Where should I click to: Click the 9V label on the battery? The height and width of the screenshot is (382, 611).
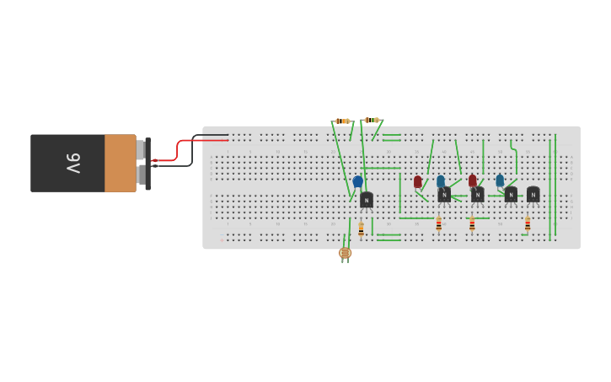pos(72,163)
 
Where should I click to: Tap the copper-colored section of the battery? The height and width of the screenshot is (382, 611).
pos(121,163)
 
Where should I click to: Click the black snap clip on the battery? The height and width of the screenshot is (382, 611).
pos(147,164)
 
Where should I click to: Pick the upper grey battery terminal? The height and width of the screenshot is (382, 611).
pos(141,150)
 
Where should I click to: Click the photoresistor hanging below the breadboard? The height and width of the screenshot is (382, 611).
pos(345,253)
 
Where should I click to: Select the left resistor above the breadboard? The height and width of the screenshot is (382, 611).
pos(341,121)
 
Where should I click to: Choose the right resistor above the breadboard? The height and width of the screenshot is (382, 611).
pos(371,120)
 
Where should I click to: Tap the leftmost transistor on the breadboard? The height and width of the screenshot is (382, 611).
pos(367,200)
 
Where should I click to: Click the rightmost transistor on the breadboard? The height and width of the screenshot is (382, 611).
pos(533,195)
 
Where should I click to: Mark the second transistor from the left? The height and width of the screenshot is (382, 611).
pos(444,195)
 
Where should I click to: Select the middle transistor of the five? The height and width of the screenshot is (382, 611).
pos(477,195)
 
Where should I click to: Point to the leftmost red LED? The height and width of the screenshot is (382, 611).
pos(418,181)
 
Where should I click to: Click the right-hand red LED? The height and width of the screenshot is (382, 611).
pos(473,180)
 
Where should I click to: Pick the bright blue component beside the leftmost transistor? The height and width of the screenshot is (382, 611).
pos(357,181)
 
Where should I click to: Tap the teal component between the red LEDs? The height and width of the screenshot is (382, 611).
pos(441,181)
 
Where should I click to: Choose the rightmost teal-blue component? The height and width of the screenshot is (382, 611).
pos(500,180)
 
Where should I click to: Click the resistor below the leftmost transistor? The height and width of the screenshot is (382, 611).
pos(361,229)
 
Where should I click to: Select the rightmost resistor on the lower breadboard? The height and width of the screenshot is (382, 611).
pos(528,223)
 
